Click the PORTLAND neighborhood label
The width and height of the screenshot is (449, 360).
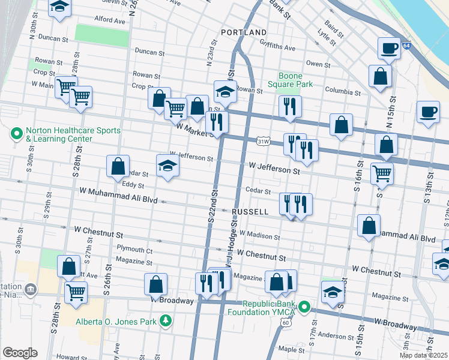244,32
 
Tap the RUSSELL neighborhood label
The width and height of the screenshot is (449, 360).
250,212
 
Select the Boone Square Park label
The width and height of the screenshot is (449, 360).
295,80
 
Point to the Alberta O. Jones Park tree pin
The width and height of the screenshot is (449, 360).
166,321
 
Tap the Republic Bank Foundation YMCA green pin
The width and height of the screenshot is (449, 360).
304,308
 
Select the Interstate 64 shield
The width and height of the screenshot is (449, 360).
406,46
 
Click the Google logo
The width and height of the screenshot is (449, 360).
20,353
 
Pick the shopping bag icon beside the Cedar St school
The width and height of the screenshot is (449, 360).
118,167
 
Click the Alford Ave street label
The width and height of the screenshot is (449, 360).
109,20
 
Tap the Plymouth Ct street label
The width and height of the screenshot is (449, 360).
134,250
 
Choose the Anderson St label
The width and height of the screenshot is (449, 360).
331,335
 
